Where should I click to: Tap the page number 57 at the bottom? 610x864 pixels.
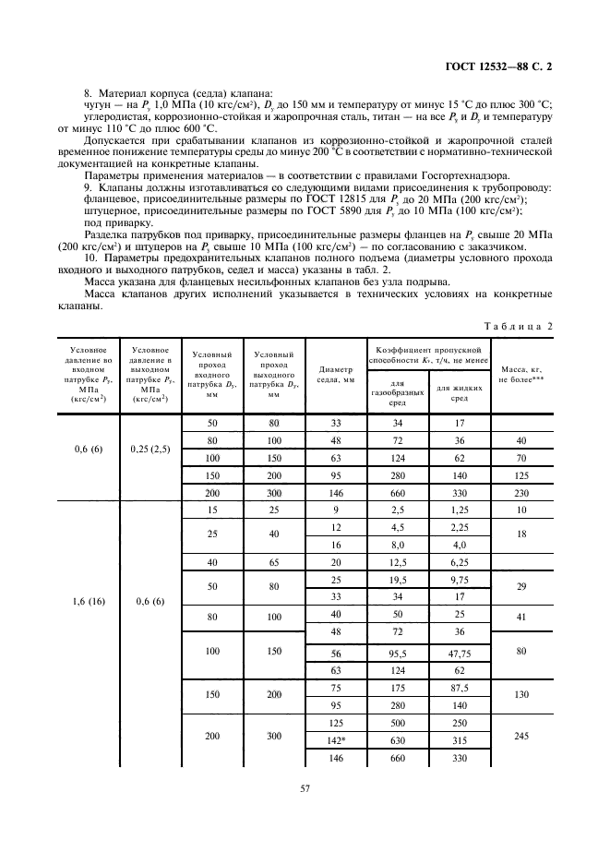[304, 788]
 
